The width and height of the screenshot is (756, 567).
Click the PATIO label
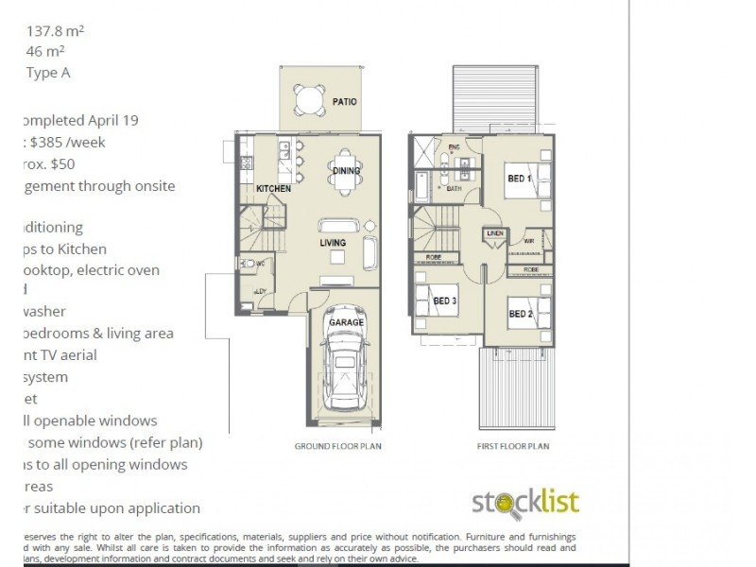tap(344, 102)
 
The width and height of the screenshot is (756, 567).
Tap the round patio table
tap(308, 98)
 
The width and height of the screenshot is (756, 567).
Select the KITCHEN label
tap(274, 189)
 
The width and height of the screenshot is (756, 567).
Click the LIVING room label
tap(333, 243)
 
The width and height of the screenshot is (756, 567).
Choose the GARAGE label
tap(346, 322)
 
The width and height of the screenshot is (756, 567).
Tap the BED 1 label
tap(520, 178)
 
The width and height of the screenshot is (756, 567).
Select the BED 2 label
tap(520, 315)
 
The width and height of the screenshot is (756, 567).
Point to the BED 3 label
tap(445, 301)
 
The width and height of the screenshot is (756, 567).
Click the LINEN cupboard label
tap(493, 232)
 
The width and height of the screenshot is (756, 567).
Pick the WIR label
tap(529, 242)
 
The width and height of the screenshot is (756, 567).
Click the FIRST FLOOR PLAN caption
tap(513, 445)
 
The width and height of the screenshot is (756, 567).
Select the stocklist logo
tap(525, 502)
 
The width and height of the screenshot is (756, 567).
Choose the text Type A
tap(48, 73)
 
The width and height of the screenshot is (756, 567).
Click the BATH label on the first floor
tap(454, 189)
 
